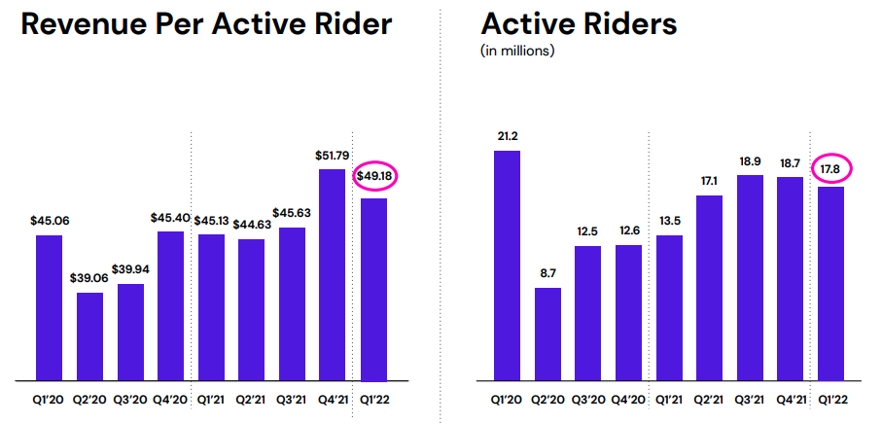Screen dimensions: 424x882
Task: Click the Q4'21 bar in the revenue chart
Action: click(x=332, y=274)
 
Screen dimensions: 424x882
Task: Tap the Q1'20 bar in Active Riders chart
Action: click(x=507, y=265)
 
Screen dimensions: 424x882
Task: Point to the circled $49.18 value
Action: click(x=373, y=176)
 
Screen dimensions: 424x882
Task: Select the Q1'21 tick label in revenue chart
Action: click(x=211, y=398)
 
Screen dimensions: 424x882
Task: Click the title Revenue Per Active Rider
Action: click(x=206, y=23)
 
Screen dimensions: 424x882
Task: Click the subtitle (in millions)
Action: click(x=518, y=51)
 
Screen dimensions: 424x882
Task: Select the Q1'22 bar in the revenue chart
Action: click(x=373, y=289)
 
